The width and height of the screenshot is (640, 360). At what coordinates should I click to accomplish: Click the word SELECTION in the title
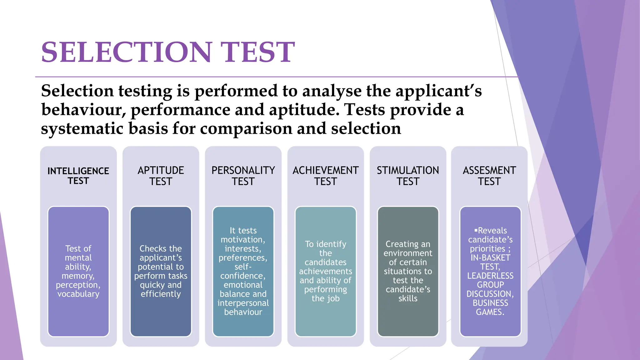[x=127, y=52]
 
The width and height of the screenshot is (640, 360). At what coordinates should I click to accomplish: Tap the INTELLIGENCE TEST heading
[x=78, y=176]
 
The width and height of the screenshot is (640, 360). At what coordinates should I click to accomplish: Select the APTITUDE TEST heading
[x=161, y=176]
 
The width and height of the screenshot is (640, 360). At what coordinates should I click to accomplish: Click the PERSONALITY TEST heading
[x=243, y=176]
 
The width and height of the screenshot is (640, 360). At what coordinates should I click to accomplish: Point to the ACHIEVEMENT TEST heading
[x=325, y=176]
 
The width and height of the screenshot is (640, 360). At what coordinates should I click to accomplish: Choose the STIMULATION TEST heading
[x=408, y=176]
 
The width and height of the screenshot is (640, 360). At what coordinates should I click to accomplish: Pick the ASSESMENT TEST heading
[x=489, y=176]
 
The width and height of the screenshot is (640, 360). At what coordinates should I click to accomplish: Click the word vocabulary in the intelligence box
[x=78, y=294]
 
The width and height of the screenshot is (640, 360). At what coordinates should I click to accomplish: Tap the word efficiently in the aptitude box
[x=161, y=294]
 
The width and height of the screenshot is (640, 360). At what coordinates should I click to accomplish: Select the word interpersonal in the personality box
[x=243, y=303]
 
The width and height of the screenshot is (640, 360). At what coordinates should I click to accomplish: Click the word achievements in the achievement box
[x=325, y=271]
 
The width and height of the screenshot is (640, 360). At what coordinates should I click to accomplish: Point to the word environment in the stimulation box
[x=408, y=253]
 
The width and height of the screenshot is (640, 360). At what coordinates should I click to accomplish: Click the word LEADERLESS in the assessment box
[x=490, y=276]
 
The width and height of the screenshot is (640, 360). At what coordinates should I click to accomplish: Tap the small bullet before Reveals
[x=476, y=230]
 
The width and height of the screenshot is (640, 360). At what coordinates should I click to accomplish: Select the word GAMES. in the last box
[x=490, y=312]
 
